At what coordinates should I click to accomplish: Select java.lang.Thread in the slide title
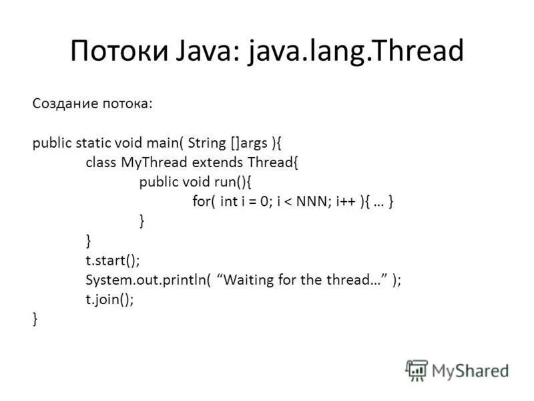click(x=356, y=51)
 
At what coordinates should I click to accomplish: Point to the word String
click(x=208, y=142)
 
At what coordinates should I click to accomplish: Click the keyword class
click(x=101, y=162)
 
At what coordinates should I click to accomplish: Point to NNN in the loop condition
click(x=304, y=202)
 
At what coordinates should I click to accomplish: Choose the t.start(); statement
click(x=113, y=261)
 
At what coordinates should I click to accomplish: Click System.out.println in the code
click(x=148, y=281)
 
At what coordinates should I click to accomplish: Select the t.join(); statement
click(x=109, y=300)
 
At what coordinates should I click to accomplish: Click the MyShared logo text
click(x=470, y=370)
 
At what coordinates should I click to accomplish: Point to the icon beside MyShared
click(x=417, y=370)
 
